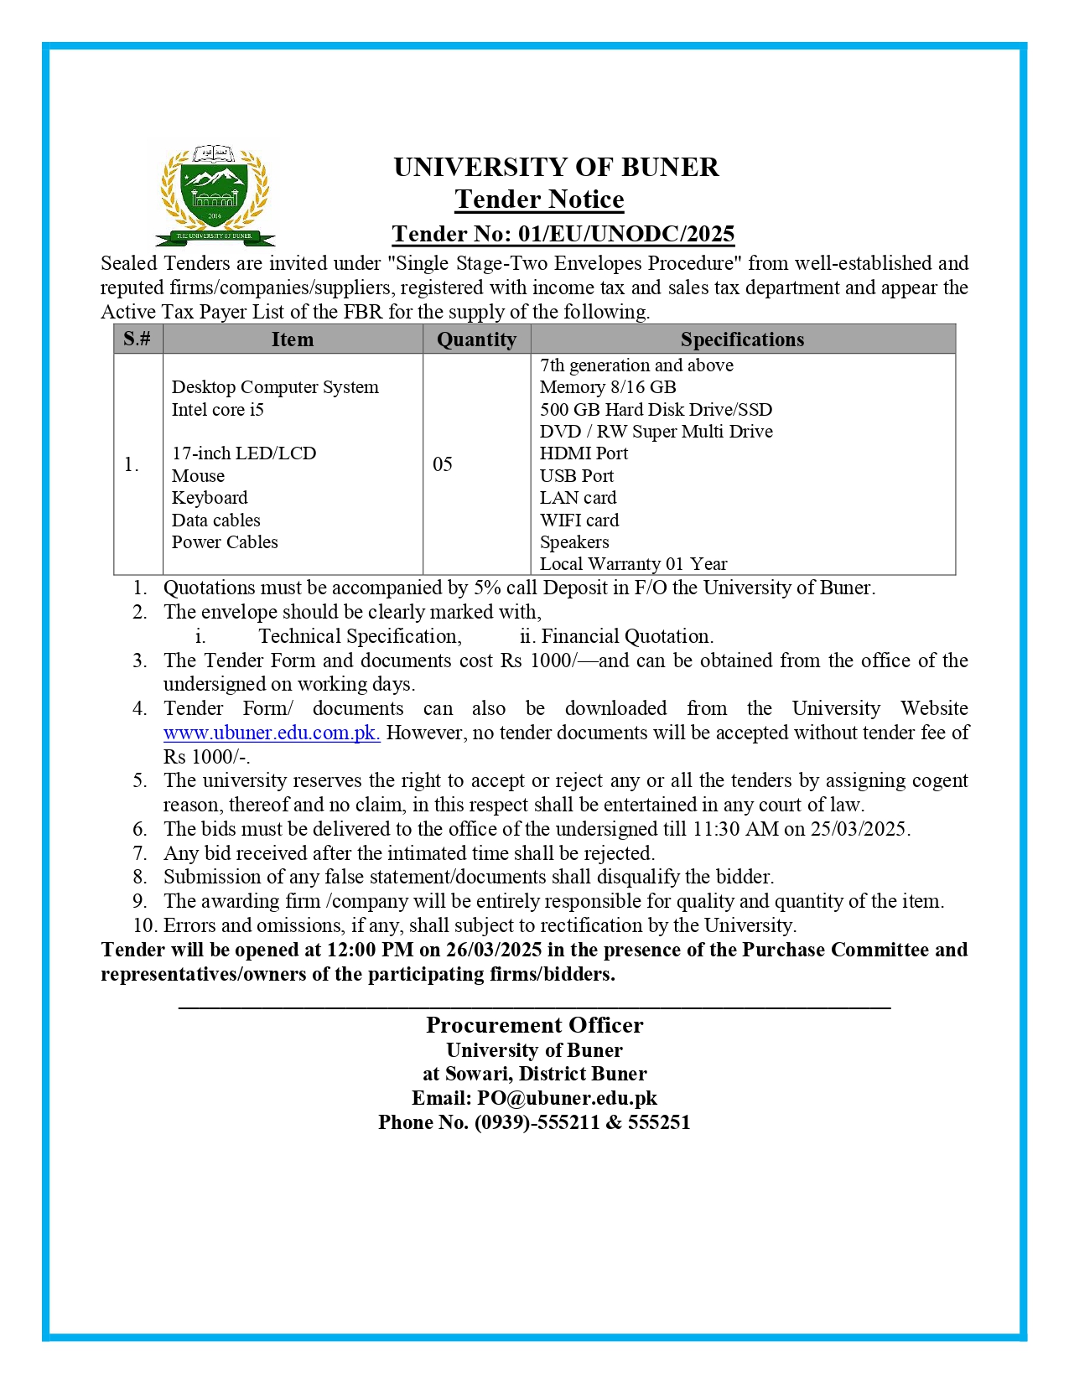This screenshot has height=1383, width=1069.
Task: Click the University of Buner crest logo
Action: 215,197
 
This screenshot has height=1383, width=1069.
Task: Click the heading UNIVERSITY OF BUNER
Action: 556,167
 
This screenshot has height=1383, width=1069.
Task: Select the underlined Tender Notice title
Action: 539,199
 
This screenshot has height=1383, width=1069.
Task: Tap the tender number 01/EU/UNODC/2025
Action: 625,234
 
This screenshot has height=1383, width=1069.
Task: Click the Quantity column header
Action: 476,339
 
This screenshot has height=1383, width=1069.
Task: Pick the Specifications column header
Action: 742,339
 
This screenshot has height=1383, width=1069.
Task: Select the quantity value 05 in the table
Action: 443,464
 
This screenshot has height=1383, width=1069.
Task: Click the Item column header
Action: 292,339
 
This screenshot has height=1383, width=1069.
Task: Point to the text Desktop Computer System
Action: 275,387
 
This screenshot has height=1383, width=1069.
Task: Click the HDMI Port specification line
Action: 584,453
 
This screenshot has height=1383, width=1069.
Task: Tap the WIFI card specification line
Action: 579,520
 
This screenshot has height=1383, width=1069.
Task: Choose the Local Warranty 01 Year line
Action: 633,564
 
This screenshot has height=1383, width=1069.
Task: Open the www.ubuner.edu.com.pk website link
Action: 272,733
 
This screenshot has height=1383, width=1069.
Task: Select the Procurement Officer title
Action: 534,1025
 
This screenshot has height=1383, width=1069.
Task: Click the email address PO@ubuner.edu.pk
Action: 567,1098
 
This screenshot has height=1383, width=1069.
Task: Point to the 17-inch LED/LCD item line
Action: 244,453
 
